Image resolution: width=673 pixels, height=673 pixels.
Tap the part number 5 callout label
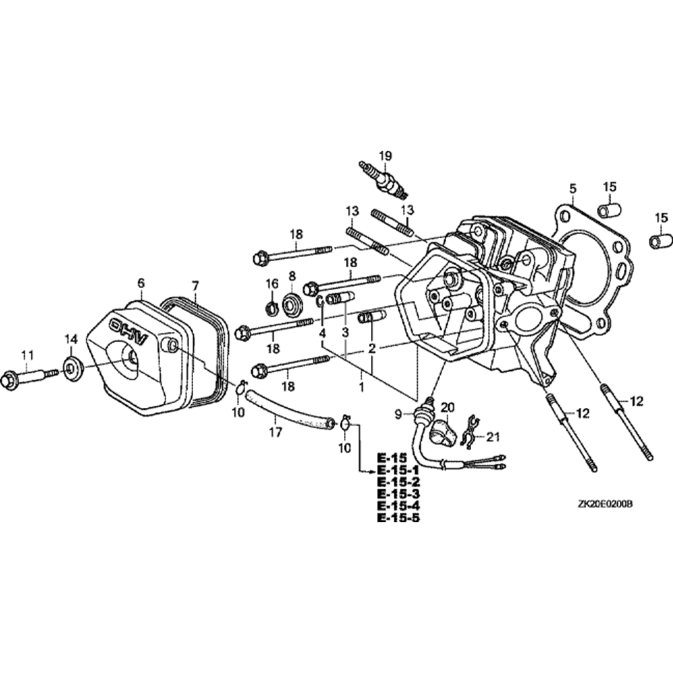(572, 188)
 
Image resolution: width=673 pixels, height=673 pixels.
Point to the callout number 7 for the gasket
(195, 284)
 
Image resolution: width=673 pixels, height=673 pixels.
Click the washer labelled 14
(71, 368)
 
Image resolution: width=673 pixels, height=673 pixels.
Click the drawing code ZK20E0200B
(606, 503)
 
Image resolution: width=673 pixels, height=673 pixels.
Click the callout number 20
(448, 406)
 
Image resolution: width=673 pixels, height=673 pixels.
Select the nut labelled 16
(272, 309)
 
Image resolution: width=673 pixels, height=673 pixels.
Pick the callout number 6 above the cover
(141, 283)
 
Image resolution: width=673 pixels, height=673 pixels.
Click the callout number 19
(384, 157)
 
